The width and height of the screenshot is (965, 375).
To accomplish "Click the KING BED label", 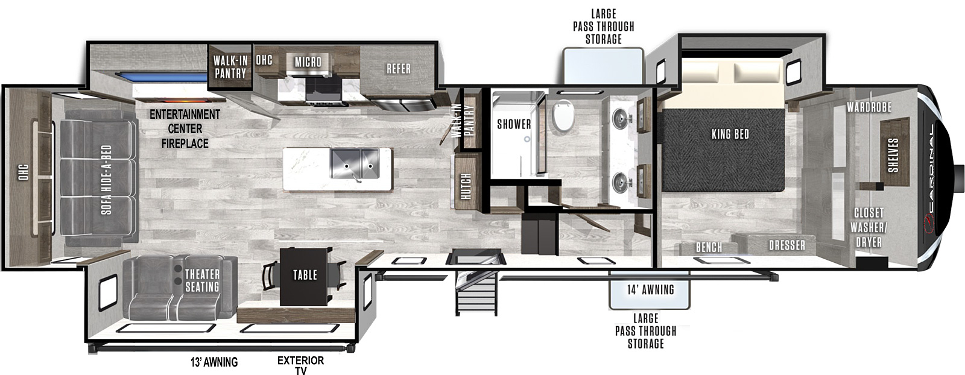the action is tap(730, 134).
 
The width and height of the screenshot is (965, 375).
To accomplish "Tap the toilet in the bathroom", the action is tap(563, 115).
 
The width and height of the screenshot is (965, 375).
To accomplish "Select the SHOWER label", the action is tap(514, 124).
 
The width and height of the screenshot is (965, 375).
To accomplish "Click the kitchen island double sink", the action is tap(354, 163).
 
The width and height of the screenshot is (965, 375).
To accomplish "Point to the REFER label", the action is tap(399, 69).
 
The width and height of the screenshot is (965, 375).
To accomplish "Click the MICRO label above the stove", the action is tap(308, 62).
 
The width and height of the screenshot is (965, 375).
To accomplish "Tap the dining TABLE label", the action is tap(305, 275).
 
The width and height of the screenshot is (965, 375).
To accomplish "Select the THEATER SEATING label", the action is tap(202, 280).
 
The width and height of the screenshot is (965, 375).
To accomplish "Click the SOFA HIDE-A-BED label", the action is tap(106, 180).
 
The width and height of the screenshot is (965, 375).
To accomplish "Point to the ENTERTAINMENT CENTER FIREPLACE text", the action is tap(185, 129).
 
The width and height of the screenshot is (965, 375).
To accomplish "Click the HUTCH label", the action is tap(466, 186).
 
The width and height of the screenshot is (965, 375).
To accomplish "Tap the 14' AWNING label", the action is tap(651, 290).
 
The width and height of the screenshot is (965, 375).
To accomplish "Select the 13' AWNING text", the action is tap(214, 362).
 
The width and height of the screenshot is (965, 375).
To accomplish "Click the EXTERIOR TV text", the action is tap(301, 365).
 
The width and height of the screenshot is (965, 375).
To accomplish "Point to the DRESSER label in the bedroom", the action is tap(787, 245).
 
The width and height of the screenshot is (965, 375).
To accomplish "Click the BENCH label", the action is tap(709, 247).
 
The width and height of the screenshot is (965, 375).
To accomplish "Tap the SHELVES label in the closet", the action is tap(893, 155).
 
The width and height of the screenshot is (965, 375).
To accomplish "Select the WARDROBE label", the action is tap(869, 107).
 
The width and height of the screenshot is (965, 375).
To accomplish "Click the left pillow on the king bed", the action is tap(702, 72).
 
